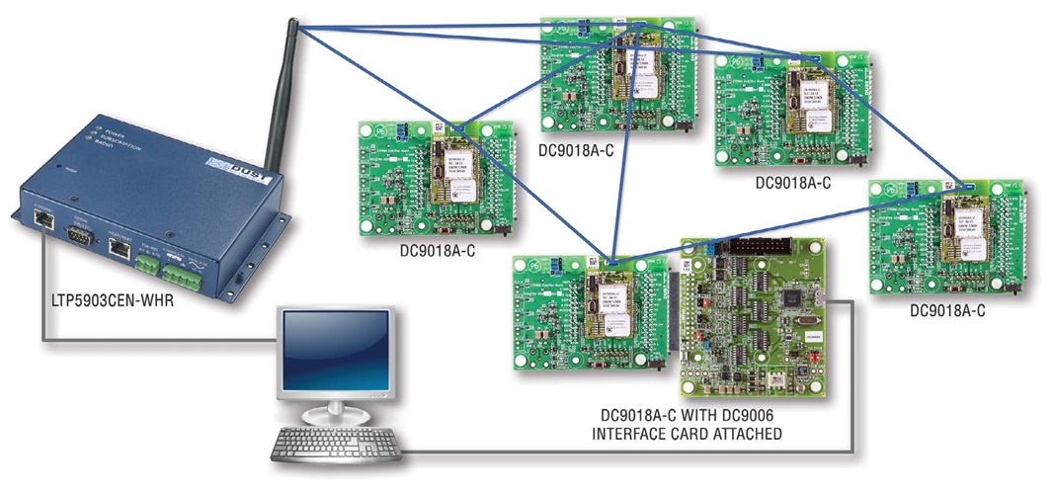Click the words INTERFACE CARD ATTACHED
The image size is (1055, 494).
pyautogui.click(x=697, y=434)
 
